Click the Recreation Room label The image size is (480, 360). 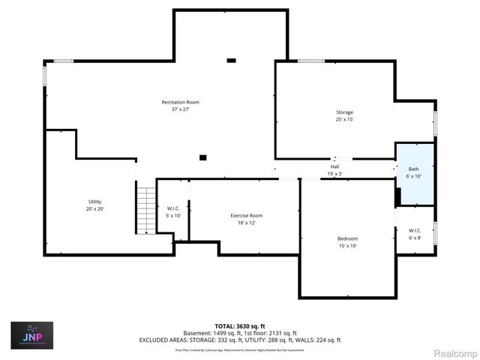point(180,102)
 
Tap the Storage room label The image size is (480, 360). point(344,112)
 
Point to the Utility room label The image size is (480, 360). point(94,202)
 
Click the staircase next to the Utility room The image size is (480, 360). point(145,211)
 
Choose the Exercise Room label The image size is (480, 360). point(246,215)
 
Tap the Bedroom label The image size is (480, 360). point(347,238)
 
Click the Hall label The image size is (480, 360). point(335,166)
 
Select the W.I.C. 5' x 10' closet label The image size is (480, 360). point(172,210)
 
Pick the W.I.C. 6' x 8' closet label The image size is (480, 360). point(415,230)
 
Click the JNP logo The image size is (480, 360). point(31,335)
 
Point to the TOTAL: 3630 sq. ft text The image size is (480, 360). point(240,326)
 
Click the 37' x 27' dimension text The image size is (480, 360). point(180,109)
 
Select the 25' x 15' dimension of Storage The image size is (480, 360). point(344,119)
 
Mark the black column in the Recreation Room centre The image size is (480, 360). point(202,157)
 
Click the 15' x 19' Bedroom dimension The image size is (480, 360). point(347,245)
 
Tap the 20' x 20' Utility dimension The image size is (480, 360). point(94,208)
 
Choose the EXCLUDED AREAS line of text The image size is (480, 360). point(240,340)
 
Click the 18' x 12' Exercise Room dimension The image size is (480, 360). point(246,222)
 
